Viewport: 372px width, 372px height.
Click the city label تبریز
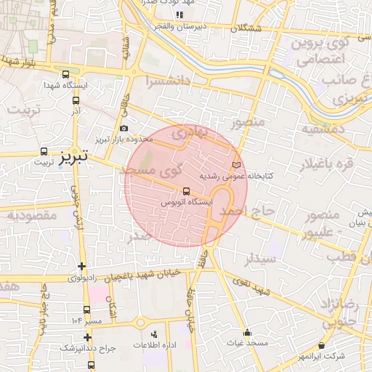[x=73, y=155]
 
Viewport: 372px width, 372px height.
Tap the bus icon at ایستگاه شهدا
[x=66, y=74]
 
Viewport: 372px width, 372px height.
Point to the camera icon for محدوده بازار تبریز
[x=124, y=129]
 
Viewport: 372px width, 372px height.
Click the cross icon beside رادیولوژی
[x=81, y=267]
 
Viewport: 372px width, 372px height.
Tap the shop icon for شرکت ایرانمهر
[x=322, y=346]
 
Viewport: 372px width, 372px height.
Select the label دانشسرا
[x=167, y=80]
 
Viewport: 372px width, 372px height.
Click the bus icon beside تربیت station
[x=44, y=153]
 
